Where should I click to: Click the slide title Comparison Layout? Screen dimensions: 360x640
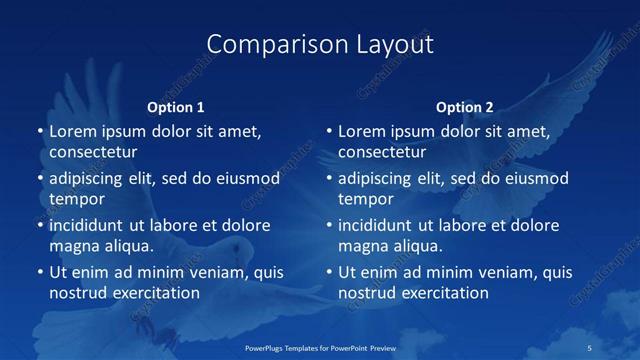click(320, 45)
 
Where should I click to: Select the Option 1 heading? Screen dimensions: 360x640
click(176, 107)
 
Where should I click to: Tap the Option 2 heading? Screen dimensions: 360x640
click(465, 107)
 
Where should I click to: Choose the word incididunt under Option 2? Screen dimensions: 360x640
click(376, 225)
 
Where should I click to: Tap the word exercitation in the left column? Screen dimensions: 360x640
click(153, 293)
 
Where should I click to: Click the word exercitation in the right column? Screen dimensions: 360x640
click(442, 293)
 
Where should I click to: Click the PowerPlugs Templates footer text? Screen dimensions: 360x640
click(320, 347)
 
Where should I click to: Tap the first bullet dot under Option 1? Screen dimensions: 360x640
click(40, 131)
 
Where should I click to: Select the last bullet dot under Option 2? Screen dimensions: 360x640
click(329, 272)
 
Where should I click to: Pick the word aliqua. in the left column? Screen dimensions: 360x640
click(128, 246)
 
